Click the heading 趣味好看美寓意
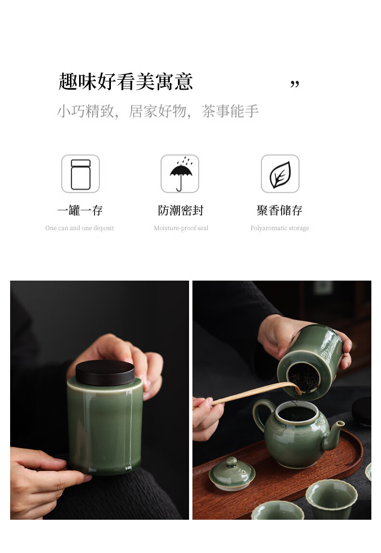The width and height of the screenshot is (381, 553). pos(125,81)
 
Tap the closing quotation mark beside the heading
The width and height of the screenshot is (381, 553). pos(295,84)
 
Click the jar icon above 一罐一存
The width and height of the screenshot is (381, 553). pos(81,174)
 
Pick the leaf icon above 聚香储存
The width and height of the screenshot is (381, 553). pos(280,174)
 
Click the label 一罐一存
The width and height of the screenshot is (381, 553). pos(80,211)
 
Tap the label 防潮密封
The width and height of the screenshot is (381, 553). pos(181,211)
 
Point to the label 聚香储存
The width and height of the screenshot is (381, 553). pos(279,211)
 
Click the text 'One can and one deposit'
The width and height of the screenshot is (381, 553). pos(80,228)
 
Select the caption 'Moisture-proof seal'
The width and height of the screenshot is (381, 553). pos(181,228)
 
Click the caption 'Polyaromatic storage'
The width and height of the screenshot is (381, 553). pos(280,228)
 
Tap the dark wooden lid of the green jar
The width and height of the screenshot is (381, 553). pos(105,372)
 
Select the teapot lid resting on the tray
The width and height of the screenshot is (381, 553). pos(232,473)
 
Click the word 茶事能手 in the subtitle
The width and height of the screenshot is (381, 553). pos(231,111)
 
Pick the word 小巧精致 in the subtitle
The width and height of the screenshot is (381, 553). pos(86,111)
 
